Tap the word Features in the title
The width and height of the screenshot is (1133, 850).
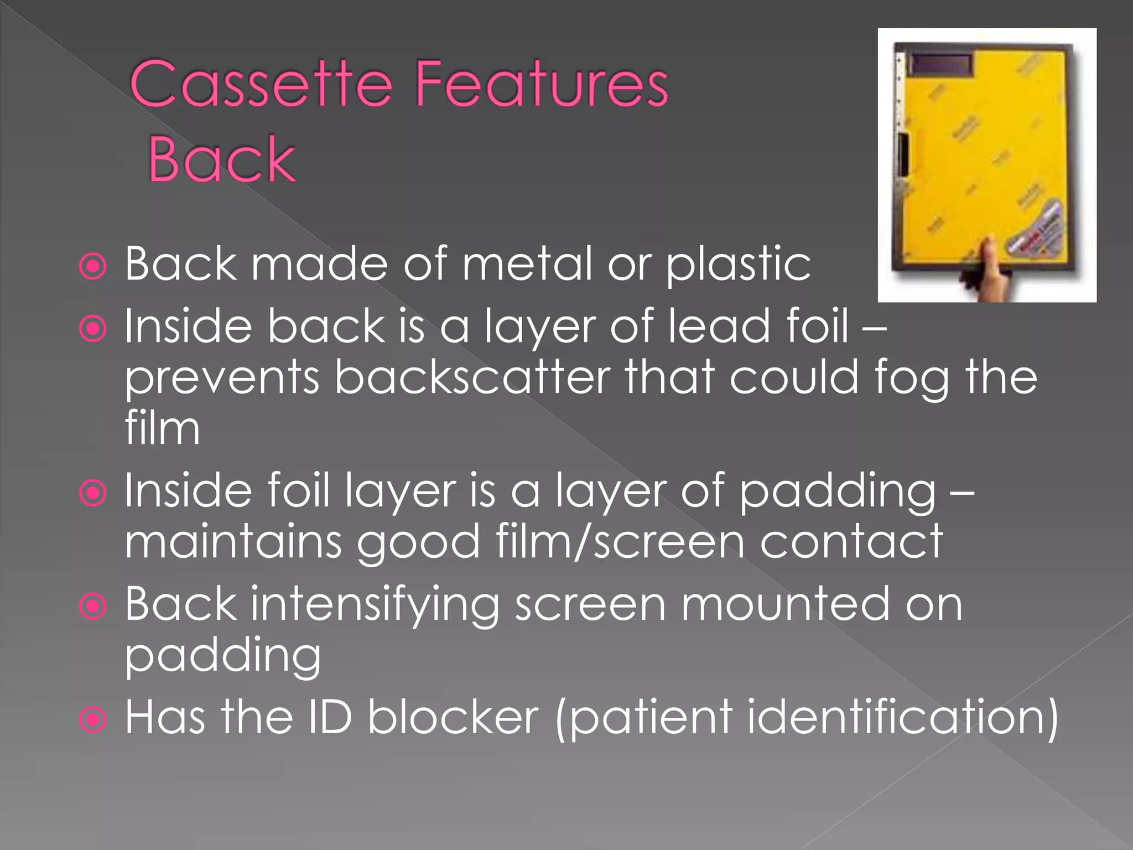[542, 84]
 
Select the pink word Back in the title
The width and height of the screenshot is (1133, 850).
[222, 160]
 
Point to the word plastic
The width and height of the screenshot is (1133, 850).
[738, 265]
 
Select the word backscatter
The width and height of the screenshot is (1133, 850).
[472, 378]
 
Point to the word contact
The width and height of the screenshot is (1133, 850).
[851, 542]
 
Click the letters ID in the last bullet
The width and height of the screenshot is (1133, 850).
[330, 717]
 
